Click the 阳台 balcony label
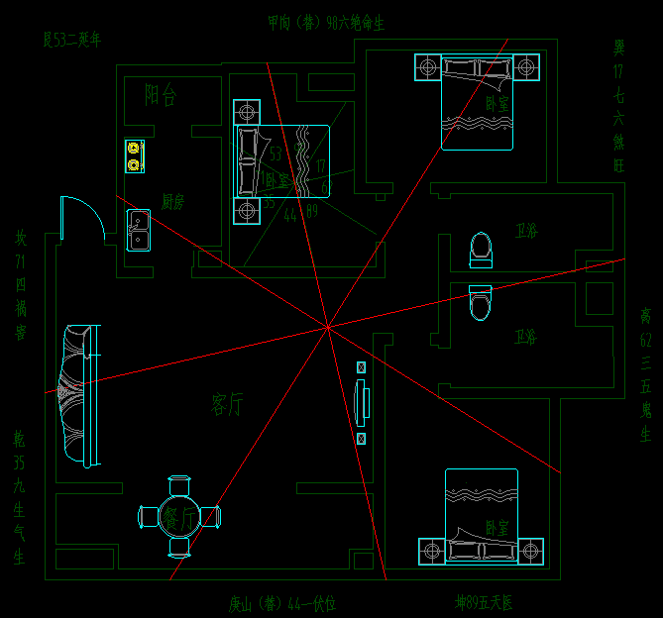(x=161, y=95)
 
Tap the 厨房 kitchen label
(x=173, y=201)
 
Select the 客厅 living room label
(x=228, y=403)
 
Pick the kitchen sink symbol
(x=138, y=231)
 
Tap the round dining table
(x=179, y=516)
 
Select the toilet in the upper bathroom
(x=481, y=250)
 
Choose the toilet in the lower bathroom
(x=480, y=303)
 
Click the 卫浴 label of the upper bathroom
(x=526, y=231)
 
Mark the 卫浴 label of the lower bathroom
(x=525, y=337)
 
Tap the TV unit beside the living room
(x=362, y=402)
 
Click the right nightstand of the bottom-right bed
(x=531, y=550)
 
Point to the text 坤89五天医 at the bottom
(x=484, y=602)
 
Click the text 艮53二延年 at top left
(x=72, y=40)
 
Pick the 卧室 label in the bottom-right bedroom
(x=497, y=528)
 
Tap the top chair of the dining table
(x=179, y=485)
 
